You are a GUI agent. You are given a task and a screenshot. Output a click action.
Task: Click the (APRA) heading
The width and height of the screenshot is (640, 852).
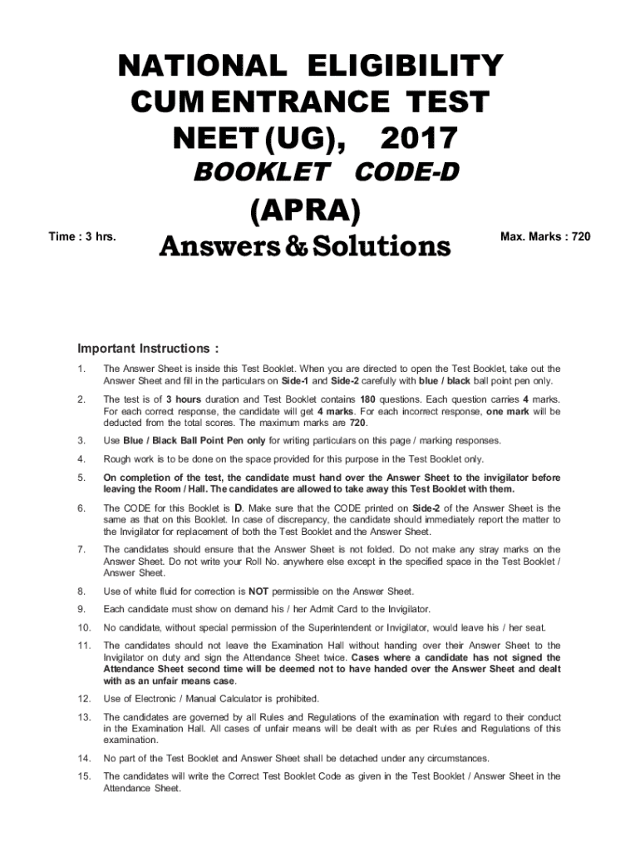click(305, 211)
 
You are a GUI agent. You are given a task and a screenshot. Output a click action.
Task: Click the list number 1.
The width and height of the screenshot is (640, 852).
click(80, 369)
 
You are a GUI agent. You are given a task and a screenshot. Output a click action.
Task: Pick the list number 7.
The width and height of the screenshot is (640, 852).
click(80, 550)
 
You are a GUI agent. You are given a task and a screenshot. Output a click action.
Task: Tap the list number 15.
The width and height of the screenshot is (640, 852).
click(83, 776)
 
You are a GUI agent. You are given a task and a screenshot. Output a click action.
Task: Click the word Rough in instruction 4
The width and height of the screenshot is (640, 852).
click(118, 459)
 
